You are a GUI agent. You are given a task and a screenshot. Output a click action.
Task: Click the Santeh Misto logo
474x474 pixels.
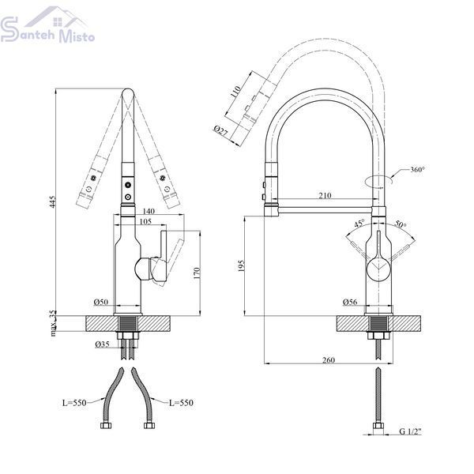tap(47, 24)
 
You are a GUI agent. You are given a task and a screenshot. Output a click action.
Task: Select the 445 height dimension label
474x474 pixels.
tap(53, 201)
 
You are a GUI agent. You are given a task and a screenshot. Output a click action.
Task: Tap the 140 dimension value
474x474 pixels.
tap(148, 211)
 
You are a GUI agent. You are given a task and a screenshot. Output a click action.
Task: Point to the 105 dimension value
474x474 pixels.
tap(145, 221)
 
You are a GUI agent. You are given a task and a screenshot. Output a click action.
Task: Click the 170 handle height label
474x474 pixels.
tap(197, 273)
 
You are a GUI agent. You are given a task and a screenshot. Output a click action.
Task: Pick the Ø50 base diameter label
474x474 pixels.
tap(101, 302)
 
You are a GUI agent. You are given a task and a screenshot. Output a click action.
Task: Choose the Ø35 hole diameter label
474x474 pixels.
tap(102, 344)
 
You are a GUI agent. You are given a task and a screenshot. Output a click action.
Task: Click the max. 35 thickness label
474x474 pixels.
tap(53, 323)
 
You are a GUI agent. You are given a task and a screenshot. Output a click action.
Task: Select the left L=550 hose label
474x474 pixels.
tap(74, 403)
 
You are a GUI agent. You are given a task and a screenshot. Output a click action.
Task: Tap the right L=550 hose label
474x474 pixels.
tap(181, 403)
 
